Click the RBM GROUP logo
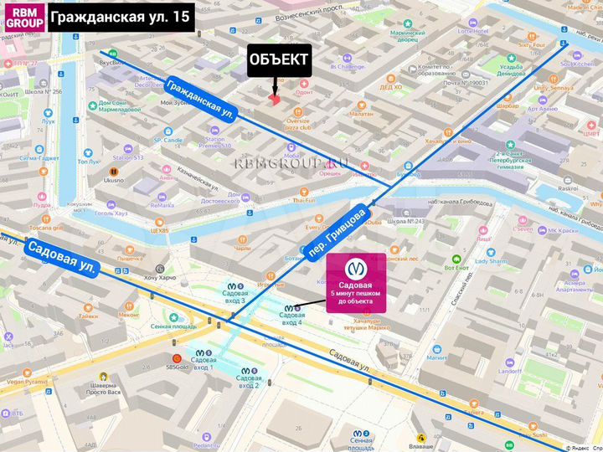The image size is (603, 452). click(x=22, y=18)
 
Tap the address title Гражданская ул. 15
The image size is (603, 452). click(x=121, y=16)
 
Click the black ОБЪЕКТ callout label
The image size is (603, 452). click(x=279, y=60)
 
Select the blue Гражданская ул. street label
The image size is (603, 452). click(x=199, y=99)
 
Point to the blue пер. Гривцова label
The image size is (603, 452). click(x=336, y=229)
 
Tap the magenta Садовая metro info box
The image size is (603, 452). click(x=356, y=282)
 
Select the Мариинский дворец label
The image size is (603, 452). click(x=413, y=36)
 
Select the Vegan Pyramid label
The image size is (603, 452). click(x=24, y=381)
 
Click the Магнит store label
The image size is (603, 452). click(x=436, y=357)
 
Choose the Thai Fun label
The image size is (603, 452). click(x=303, y=200)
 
